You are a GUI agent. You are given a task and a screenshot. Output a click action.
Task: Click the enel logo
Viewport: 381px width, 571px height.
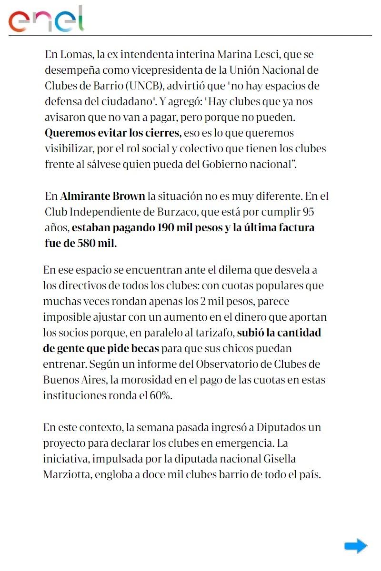point(46,19)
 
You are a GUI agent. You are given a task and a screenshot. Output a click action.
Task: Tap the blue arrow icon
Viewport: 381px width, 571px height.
point(355,546)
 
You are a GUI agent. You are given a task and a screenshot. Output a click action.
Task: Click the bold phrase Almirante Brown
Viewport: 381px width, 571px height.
point(102,196)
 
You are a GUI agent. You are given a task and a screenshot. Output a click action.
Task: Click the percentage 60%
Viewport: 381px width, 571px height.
point(160,395)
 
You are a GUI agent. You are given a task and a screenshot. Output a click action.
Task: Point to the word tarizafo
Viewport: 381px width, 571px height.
point(214,333)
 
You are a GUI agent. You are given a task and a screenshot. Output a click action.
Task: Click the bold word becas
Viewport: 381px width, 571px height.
point(143,348)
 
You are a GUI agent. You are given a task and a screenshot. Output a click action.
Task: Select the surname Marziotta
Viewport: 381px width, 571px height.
point(66,474)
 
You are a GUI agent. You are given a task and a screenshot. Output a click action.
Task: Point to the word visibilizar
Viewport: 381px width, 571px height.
point(68,148)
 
